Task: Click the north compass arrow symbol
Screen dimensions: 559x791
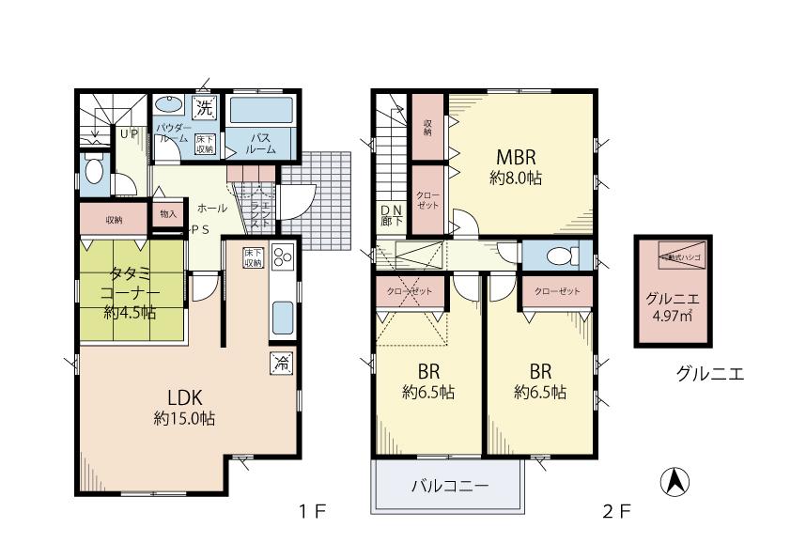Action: [x=675, y=482]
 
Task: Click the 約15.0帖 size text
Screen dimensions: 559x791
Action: [x=185, y=420]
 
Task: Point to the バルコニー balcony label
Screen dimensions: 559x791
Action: [x=448, y=487]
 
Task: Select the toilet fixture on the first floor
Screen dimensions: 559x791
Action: [x=94, y=172]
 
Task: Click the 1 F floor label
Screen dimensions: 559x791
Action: [x=312, y=512]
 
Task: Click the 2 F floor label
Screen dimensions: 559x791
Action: [x=615, y=512]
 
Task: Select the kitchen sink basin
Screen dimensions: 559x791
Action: [x=283, y=318]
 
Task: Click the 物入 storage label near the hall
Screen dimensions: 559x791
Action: [x=168, y=214]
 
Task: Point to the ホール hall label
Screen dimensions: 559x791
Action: [x=211, y=208]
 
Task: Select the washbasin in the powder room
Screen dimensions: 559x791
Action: [x=169, y=105]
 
